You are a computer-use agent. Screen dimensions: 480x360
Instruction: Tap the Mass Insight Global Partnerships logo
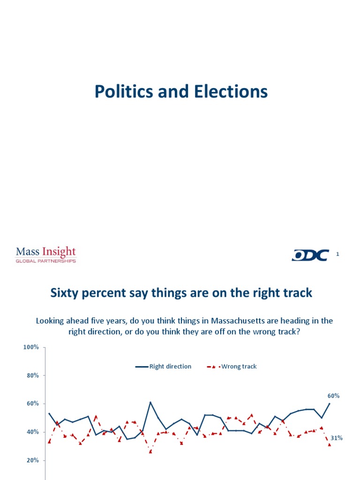click(46, 255)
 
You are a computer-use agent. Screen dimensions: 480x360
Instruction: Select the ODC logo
click(310, 255)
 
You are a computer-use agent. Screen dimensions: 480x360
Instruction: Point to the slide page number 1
click(337, 254)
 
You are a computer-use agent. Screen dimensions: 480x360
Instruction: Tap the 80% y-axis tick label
click(32, 375)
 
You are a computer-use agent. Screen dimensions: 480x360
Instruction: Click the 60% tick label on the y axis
click(32, 404)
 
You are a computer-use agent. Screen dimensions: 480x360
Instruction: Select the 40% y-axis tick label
click(32, 432)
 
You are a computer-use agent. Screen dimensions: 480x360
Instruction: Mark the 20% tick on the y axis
click(32, 460)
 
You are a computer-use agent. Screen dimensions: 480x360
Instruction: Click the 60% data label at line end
click(333, 396)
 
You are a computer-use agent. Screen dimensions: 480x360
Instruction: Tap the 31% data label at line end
click(337, 438)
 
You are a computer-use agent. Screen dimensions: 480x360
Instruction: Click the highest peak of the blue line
click(150, 402)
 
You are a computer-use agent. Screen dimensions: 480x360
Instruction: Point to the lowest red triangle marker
click(150, 452)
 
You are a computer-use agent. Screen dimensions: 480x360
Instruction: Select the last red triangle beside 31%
click(330, 444)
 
